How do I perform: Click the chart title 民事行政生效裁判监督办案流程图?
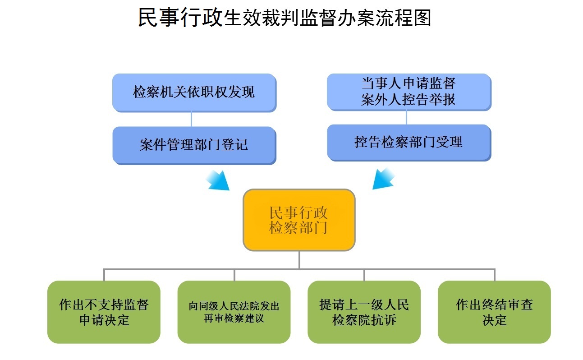point(285,18)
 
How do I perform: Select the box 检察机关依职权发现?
point(194,93)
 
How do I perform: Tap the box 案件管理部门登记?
point(194,146)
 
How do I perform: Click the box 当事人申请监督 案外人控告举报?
point(409,92)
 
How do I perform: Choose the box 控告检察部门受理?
point(409,143)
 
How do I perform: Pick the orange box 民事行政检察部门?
point(299,220)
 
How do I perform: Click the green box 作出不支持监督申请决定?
point(104,312)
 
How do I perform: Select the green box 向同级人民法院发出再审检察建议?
point(234,312)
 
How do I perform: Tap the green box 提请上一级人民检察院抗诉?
point(364,312)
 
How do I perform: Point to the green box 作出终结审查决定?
point(494,312)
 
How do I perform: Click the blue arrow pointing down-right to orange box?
point(218,180)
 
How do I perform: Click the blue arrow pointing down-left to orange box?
point(383,179)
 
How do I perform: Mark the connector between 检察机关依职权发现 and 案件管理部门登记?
point(191,120)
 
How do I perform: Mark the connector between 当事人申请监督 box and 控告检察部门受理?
point(407,118)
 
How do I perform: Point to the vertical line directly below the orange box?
point(299,260)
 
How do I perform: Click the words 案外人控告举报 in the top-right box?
point(408,100)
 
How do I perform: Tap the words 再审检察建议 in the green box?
point(234,318)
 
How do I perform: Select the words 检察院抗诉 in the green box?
point(364,320)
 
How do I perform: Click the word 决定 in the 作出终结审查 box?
point(495,320)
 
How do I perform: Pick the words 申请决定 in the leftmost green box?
point(104,320)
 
